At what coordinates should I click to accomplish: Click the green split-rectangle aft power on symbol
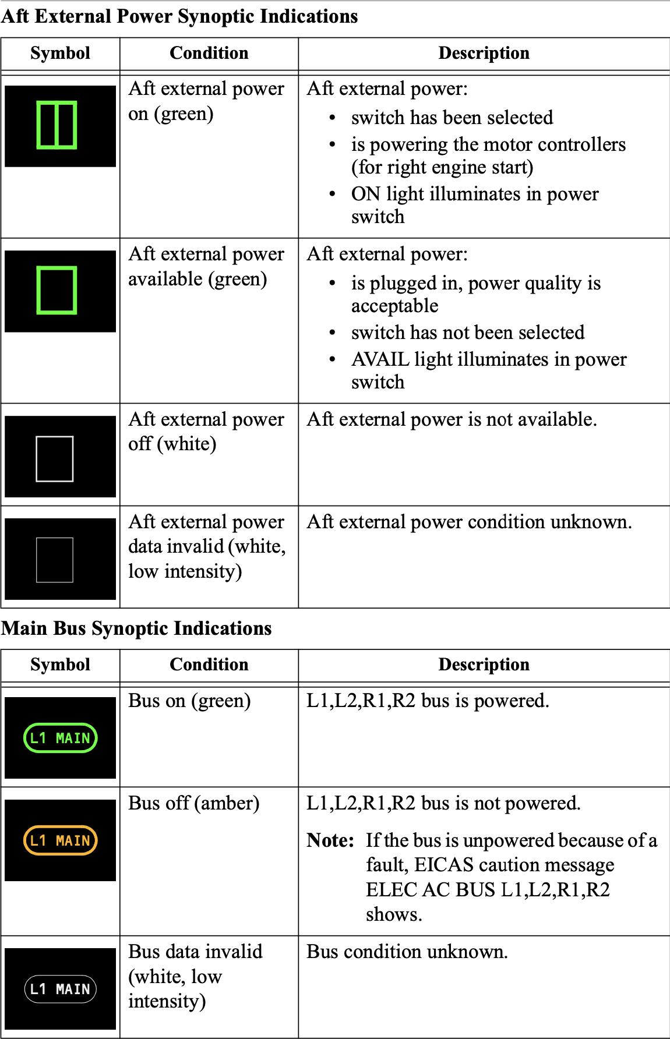(57, 125)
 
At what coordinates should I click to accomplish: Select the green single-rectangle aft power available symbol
(57, 290)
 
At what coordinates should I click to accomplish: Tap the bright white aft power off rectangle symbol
(55, 459)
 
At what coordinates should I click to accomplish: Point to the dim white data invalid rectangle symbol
(55, 560)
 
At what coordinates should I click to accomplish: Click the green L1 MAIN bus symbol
(60, 738)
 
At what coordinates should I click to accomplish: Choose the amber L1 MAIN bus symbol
(60, 840)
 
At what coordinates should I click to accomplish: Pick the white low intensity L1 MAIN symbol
(60, 989)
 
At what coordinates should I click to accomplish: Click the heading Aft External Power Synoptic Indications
(179, 16)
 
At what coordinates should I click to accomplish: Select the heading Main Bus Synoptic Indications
(136, 628)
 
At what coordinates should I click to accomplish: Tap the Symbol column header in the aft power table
(60, 53)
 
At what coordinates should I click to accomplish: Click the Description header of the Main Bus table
(484, 665)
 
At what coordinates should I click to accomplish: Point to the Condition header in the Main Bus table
(209, 665)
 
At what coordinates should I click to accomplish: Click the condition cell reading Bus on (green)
(189, 701)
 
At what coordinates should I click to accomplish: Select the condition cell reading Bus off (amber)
(193, 803)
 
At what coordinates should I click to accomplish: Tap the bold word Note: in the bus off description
(330, 840)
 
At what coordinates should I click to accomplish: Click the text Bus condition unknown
(407, 952)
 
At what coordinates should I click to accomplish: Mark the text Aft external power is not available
(452, 419)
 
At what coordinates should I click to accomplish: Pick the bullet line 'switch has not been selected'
(467, 333)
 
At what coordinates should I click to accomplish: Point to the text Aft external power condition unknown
(469, 522)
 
